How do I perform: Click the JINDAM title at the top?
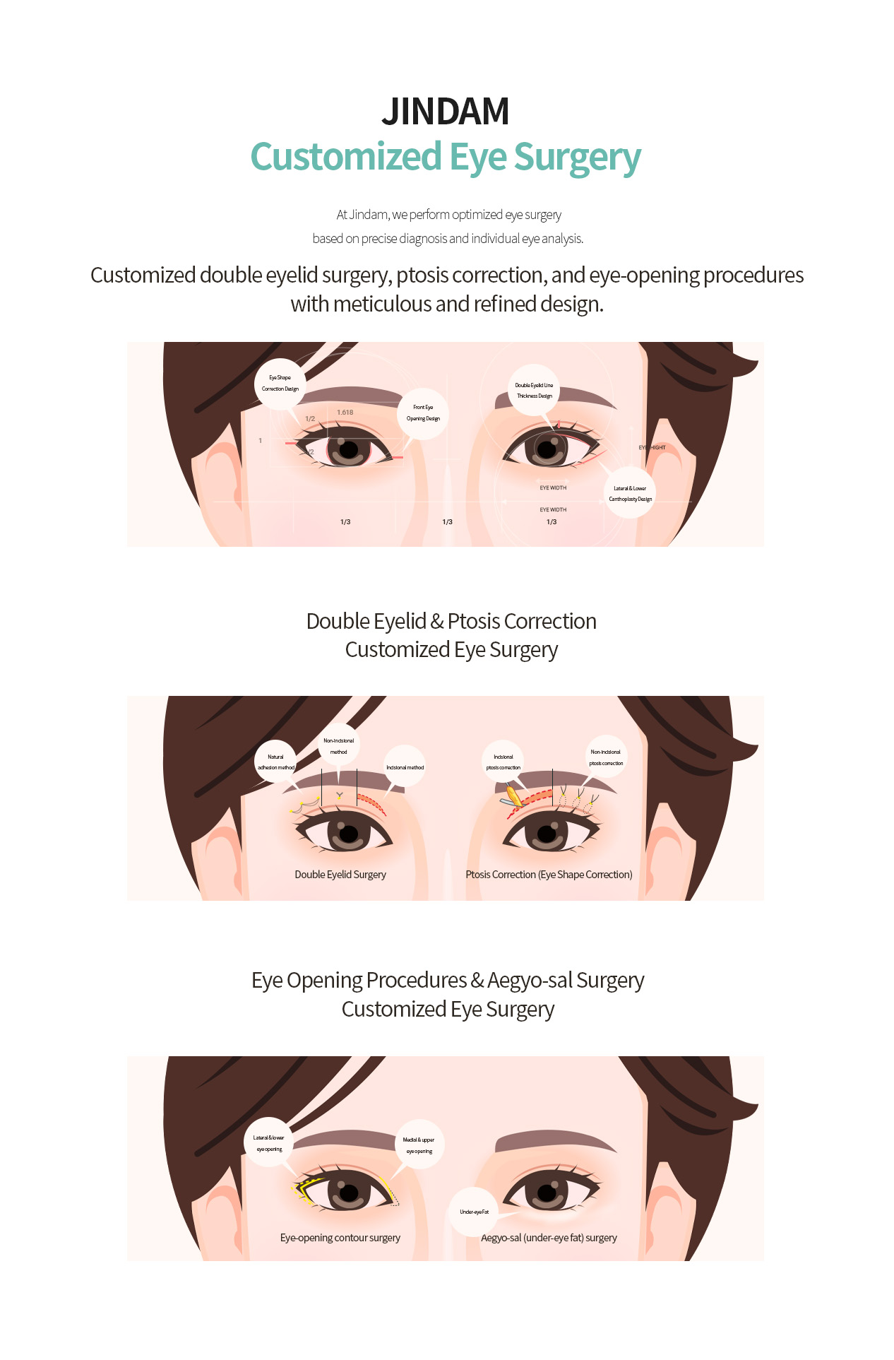click(x=446, y=112)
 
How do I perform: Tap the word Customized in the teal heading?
click(x=345, y=157)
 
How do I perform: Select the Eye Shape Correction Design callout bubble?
click(x=280, y=384)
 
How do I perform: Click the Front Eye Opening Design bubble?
click(x=423, y=413)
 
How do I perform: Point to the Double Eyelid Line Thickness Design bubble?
click(x=534, y=391)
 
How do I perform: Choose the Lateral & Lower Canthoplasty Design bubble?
click(x=630, y=493)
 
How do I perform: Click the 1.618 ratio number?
click(x=345, y=413)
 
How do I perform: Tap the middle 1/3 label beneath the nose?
click(x=447, y=522)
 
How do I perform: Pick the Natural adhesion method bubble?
click(x=275, y=762)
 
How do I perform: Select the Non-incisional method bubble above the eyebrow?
click(x=339, y=746)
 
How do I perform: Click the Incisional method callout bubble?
click(x=405, y=767)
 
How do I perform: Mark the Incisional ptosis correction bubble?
click(x=503, y=762)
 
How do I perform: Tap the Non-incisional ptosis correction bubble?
click(x=606, y=757)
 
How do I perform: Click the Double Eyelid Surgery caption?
click(x=340, y=875)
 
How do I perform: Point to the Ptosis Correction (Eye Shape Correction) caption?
click(x=549, y=875)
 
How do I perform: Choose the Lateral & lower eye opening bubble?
click(x=269, y=1143)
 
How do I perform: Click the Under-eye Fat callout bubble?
click(x=474, y=1212)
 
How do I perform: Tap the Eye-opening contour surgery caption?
click(x=340, y=1238)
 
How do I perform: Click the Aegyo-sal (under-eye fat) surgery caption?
click(x=549, y=1238)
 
